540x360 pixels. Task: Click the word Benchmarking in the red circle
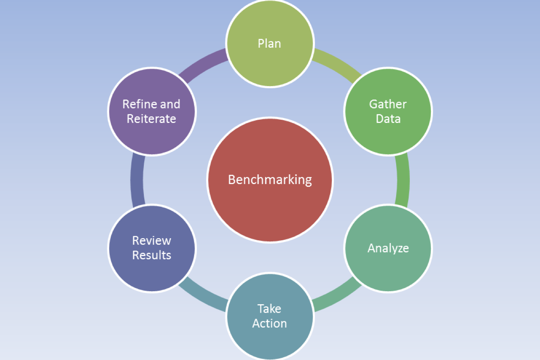(x=270, y=180)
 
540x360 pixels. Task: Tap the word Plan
(x=269, y=44)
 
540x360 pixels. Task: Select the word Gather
(x=388, y=104)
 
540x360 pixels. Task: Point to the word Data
(x=388, y=119)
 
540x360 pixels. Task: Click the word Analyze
(x=388, y=248)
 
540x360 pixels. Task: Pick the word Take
(x=269, y=309)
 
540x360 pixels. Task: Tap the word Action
(x=270, y=323)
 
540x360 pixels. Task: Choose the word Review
(x=152, y=241)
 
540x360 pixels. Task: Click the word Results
(x=152, y=255)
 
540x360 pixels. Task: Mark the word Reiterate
(x=152, y=119)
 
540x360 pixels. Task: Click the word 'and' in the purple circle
(x=170, y=104)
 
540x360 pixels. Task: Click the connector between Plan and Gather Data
(x=337, y=64)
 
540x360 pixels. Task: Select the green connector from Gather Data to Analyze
(x=403, y=180)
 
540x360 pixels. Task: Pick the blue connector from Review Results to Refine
(x=137, y=180)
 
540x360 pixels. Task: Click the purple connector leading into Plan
(x=203, y=64)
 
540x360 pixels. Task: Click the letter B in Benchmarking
(x=232, y=180)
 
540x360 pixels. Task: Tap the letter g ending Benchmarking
(x=308, y=182)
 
